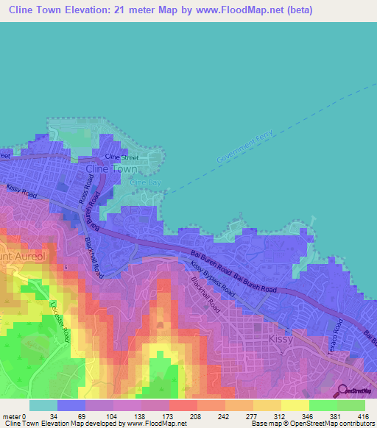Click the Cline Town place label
[112, 168]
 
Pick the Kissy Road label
[21, 190]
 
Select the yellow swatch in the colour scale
[295, 404]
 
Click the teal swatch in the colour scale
[43, 404]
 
